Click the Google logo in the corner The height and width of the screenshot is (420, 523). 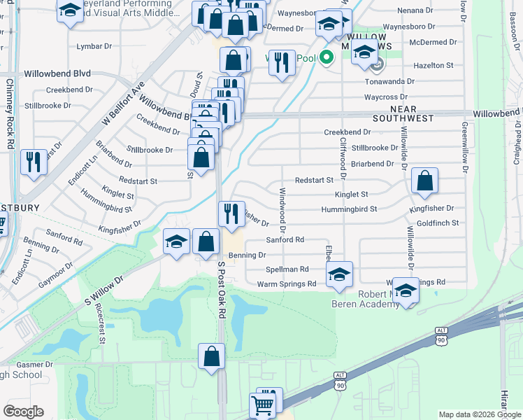22,412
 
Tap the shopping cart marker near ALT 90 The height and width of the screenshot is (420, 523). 262,404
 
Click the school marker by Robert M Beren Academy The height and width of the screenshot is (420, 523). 406,290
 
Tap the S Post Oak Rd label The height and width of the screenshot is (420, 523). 221,290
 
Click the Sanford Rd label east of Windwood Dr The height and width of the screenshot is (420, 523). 285,239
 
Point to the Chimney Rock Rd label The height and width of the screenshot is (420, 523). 10,113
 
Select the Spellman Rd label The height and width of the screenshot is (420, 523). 287,269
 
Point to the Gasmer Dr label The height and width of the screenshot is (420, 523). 30,365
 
